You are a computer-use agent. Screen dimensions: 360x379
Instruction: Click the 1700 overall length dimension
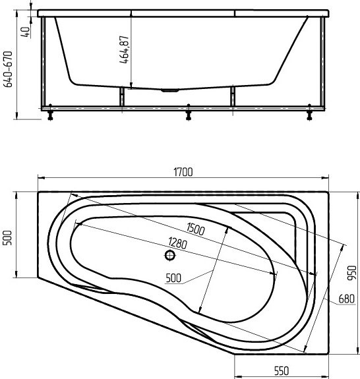[x=183, y=172]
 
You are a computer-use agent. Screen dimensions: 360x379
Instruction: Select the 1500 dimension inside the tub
[x=196, y=229]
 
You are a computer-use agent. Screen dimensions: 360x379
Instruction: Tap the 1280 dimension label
[x=178, y=243]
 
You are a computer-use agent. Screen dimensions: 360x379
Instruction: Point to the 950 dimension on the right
[x=352, y=273]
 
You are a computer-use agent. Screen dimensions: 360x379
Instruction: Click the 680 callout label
[x=346, y=299]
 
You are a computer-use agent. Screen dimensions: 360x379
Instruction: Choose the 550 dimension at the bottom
[x=282, y=370]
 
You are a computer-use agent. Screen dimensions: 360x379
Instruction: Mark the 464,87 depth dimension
[x=124, y=49]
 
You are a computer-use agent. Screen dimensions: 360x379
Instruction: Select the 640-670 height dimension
[x=8, y=69]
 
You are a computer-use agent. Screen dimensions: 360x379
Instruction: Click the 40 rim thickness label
[x=26, y=32]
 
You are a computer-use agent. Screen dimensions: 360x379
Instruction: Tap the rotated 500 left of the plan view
[x=7, y=238]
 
